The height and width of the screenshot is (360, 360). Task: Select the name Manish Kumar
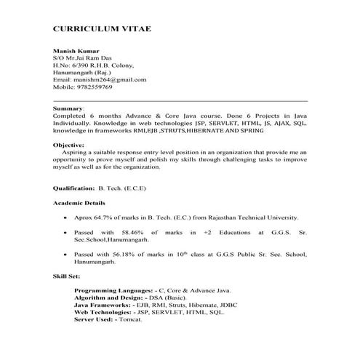(x=73, y=50)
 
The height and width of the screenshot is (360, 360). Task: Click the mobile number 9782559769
(x=93, y=87)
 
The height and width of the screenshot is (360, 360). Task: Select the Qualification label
(x=76, y=188)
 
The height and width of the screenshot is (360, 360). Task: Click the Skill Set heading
(x=66, y=276)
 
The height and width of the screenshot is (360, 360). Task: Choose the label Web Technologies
(x=104, y=313)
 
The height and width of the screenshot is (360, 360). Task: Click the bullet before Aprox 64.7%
(x=67, y=217)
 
